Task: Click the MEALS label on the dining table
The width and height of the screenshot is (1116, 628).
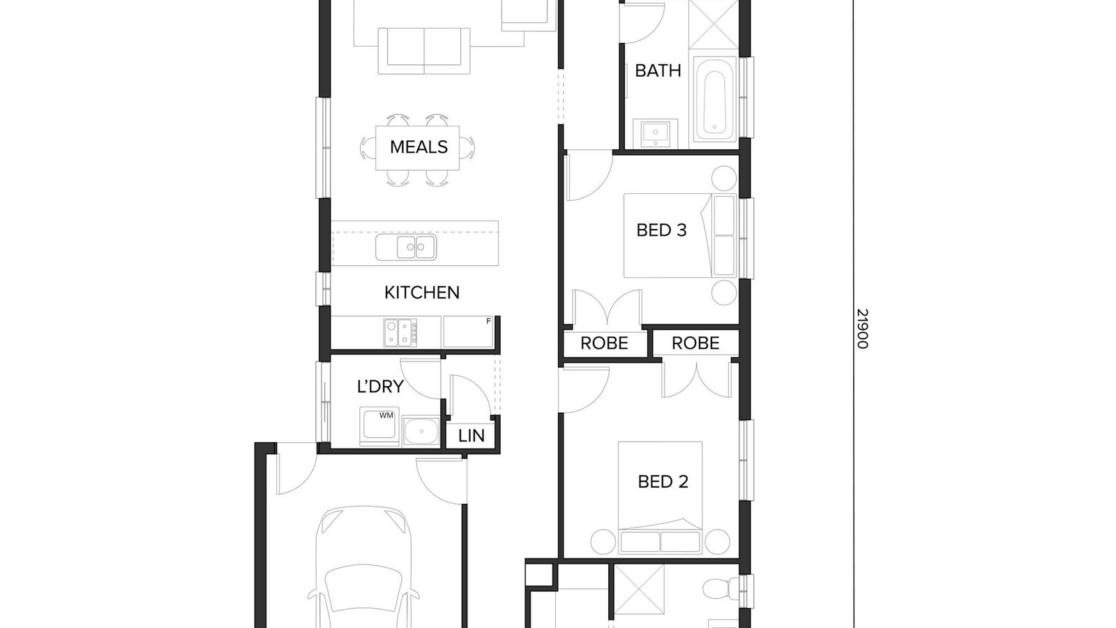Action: [x=418, y=147]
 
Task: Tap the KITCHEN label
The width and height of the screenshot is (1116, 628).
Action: [x=421, y=292]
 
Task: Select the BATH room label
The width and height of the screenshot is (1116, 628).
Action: [x=658, y=70]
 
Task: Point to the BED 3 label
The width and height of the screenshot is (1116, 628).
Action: [x=661, y=230]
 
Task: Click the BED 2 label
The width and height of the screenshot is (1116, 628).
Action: [x=663, y=481]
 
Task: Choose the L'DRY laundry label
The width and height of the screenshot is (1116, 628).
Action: [x=380, y=387]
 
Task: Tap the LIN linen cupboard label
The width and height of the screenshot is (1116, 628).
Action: [x=471, y=436]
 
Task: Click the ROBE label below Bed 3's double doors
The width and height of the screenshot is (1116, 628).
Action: [x=604, y=343]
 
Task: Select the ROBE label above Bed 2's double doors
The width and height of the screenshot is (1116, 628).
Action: [x=695, y=343]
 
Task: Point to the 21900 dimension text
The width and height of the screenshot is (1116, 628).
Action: [x=862, y=329]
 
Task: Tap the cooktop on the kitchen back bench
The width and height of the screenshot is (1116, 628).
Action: [x=400, y=332]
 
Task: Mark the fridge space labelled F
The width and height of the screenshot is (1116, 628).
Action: [x=468, y=332]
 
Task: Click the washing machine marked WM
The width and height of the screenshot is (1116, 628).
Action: [x=379, y=426]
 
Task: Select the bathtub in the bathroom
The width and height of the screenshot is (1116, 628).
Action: [x=714, y=98]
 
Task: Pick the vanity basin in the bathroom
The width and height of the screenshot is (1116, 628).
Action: [x=655, y=133]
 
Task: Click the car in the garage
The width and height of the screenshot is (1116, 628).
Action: [x=363, y=567]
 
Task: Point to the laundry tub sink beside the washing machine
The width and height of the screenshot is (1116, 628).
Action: [x=421, y=431]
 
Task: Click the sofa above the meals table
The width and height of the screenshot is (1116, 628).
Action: [x=424, y=51]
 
